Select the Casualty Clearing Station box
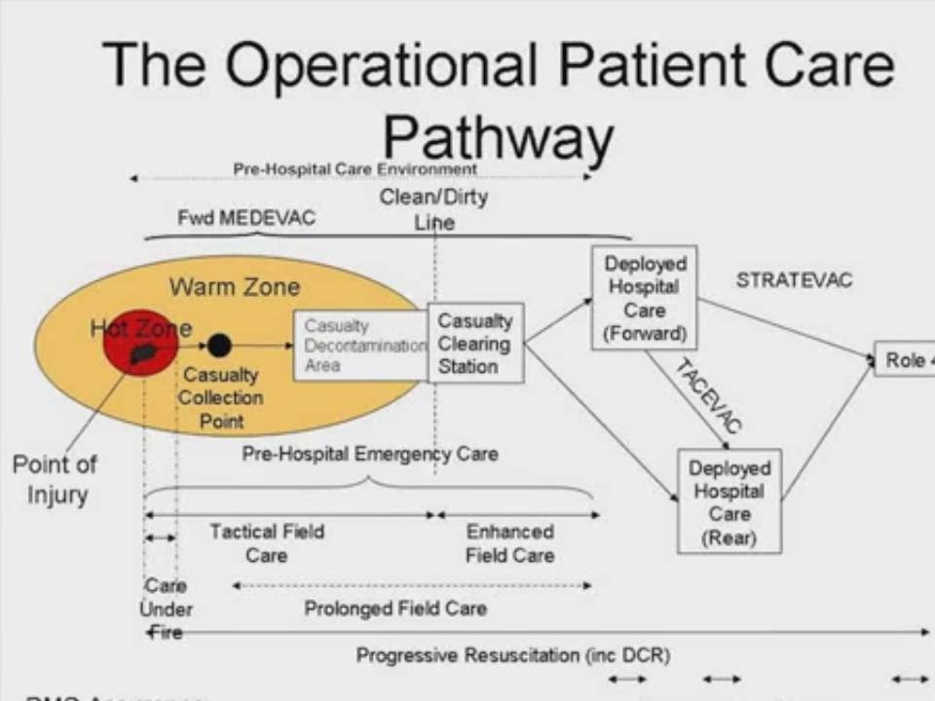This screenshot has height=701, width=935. pyautogui.click(x=475, y=344)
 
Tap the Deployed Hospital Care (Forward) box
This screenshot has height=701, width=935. pyautogui.click(x=645, y=299)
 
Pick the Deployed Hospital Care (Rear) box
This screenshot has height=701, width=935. pyautogui.click(x=729, y=500)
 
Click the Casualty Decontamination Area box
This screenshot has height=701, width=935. pyautogui.click(x=360, y=345)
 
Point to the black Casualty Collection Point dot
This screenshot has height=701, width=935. pyautogui.click(x=219, y=345)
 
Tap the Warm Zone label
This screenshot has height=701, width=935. pyautogui.click(x=235, y=287)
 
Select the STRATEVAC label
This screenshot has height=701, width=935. pyautogui.click(x=794, y=280)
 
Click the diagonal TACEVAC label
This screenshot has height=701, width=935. pyautogui.click(x=708, y=394)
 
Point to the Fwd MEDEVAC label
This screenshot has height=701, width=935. pyautogui.click(x=246, y=218)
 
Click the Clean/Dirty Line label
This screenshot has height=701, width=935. pyautogui.click(x=434, y=209)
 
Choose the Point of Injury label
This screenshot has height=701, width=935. pyautogui.click(x=56, y=479)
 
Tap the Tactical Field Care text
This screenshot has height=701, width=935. pyautogui.click(x=267, y=543)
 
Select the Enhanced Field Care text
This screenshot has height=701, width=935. pyautogui.click(x=509, y=543)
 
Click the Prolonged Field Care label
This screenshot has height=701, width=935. pyautogui.click(x=395, y=609)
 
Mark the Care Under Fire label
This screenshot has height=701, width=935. pyautogui.click(x=166, y=609)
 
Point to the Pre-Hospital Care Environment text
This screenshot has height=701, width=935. pyautogui.click(x=355, y=169)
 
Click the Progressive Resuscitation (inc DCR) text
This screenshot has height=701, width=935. pyautogui.click(x=513, y=656)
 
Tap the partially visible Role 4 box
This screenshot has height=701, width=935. pyautogui.click(x=906, y=360)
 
